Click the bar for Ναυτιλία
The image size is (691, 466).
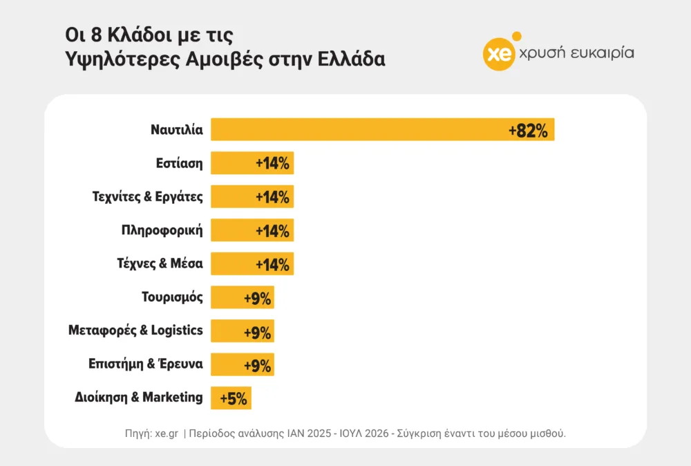[x=383, y=129]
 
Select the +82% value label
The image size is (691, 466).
[x=528, y=131]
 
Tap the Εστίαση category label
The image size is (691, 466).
[x=180, y=164]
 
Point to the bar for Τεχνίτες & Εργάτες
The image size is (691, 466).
[x=252, y=196]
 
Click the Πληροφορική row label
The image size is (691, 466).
[x=162, y=230]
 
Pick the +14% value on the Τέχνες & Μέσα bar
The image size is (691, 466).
[x=272, y=265]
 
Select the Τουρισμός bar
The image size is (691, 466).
[x=243, y=297]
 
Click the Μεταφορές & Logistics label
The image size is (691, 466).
[x=135, y=330]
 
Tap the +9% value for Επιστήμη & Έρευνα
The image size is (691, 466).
[x=257, y=366]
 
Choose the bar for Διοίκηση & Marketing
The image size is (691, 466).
[x=231, y=398]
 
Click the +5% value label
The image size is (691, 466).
[x=234, y=398]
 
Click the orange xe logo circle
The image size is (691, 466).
[x=499, y=55]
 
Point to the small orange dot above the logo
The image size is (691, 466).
[x=517, y=36]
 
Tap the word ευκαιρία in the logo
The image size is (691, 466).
[x=603, y=53]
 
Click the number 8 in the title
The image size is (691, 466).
[x=97, y=35]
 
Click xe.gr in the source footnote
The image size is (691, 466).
[x=167, y=434]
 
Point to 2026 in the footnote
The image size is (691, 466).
[x=377, y=434]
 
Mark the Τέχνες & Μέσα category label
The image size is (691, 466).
[x=160, y=263]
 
